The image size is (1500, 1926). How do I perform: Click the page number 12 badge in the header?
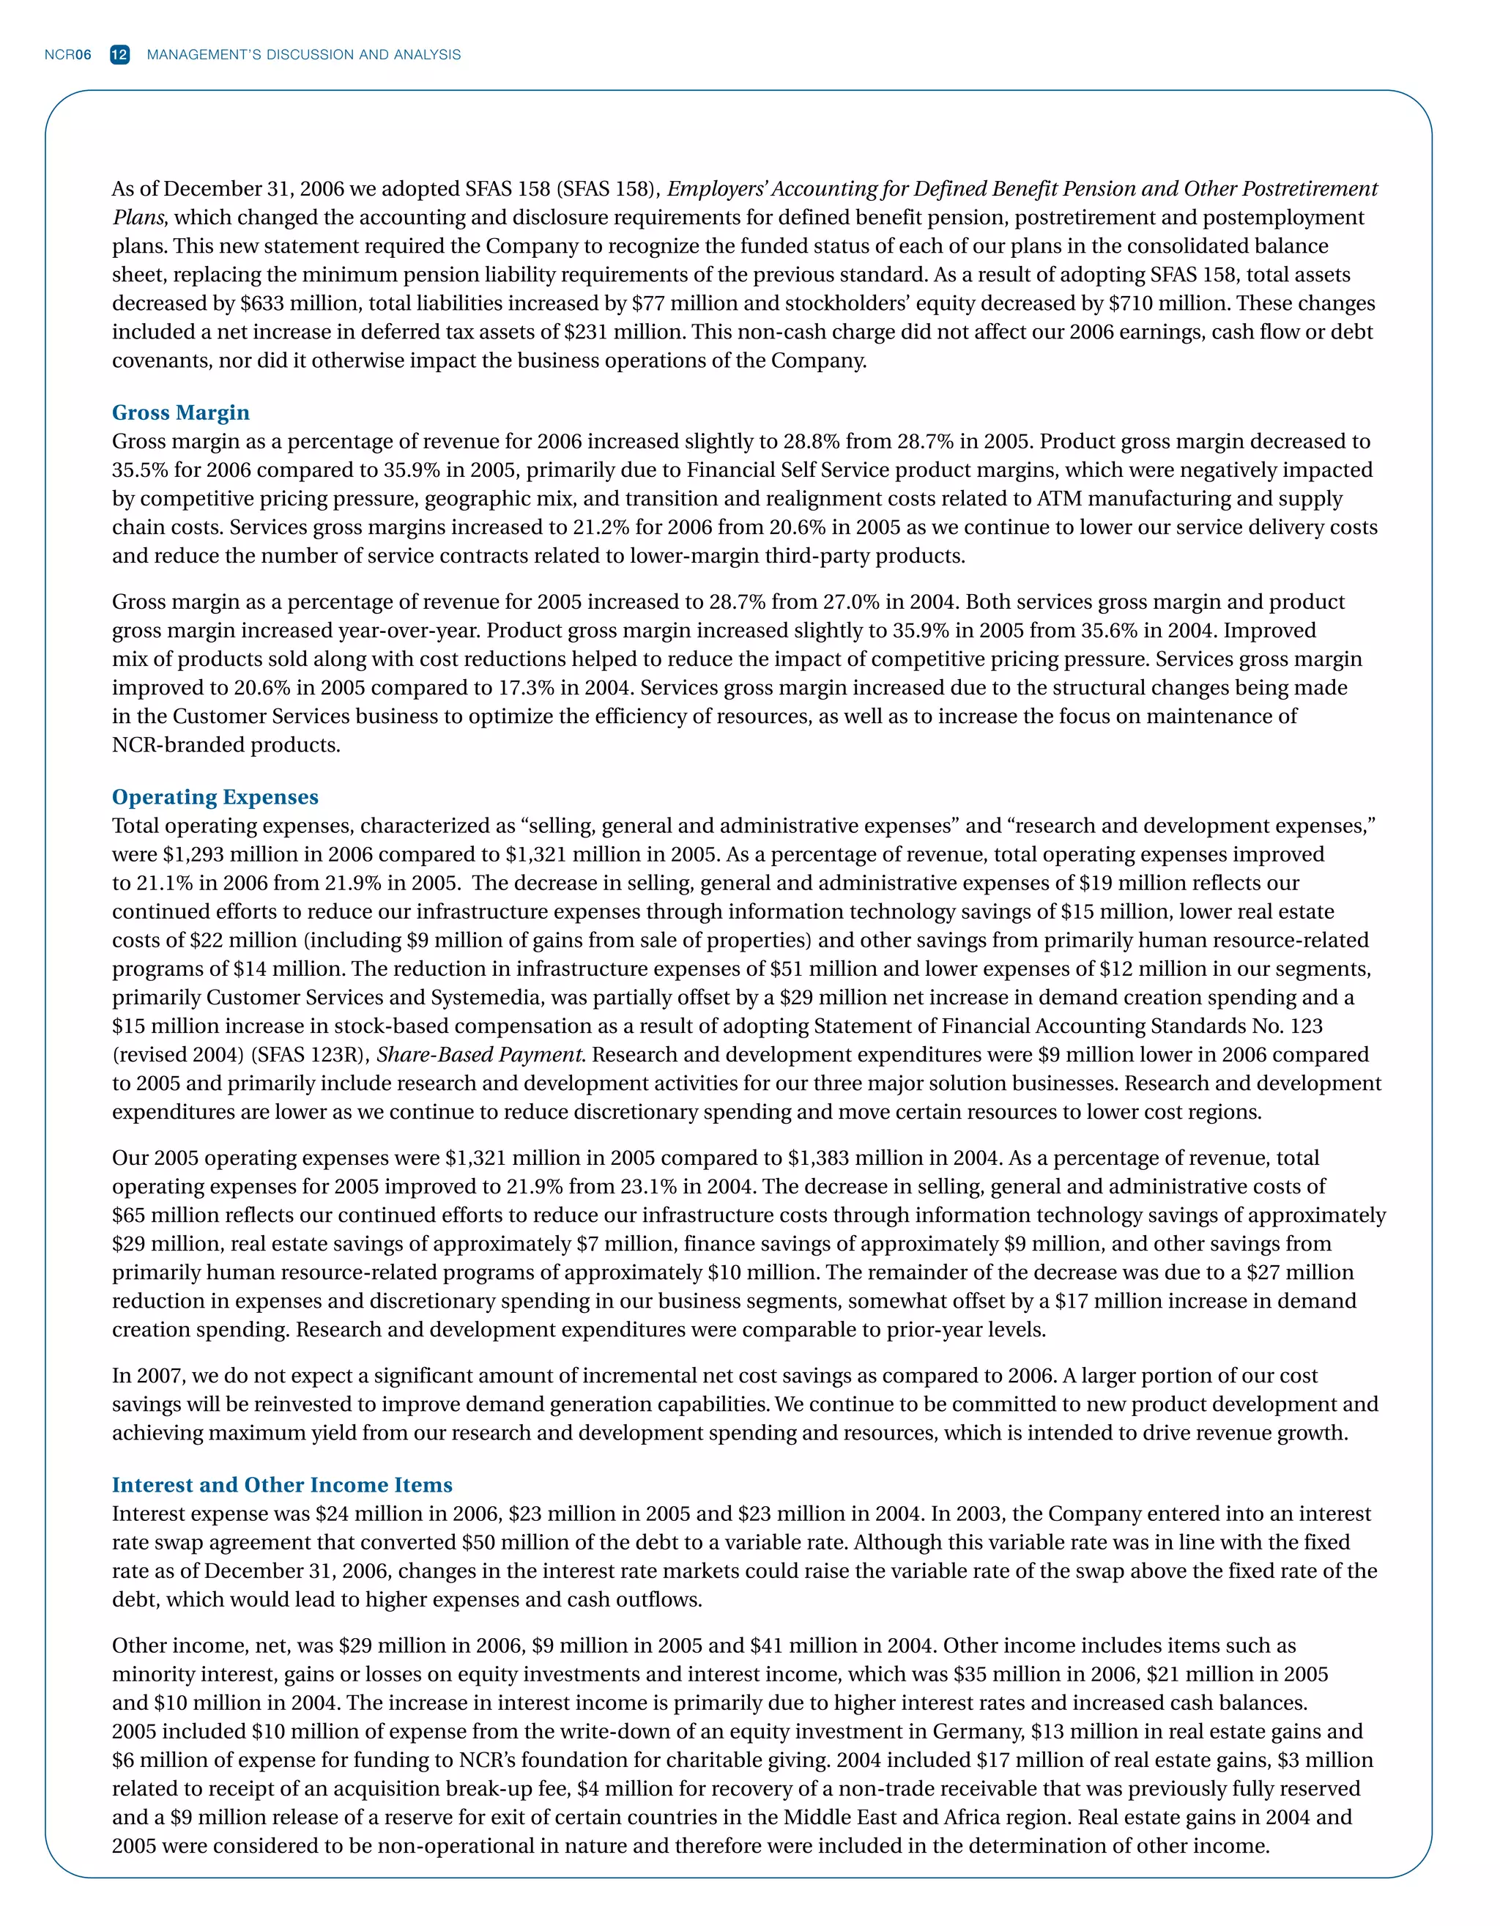(120, 55)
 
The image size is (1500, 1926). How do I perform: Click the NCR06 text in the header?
(68, 55)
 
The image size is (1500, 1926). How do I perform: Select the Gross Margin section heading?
(181, 412)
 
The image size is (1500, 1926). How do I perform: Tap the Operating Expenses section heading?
(215, 797)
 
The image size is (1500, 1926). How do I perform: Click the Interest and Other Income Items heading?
(282, 1485)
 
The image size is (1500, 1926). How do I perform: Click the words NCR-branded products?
(226, 745)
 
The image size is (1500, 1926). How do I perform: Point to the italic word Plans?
(138, 218)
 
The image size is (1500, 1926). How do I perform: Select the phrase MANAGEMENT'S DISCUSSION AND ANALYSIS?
(303, 55)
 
